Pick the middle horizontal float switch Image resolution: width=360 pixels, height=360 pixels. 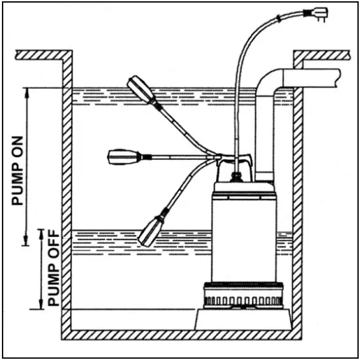click(124, 156)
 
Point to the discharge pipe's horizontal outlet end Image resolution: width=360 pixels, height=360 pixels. click(334, 77)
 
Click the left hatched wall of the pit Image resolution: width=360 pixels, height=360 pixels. click(66, 196)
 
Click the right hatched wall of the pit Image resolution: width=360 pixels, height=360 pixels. click(298, 209)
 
